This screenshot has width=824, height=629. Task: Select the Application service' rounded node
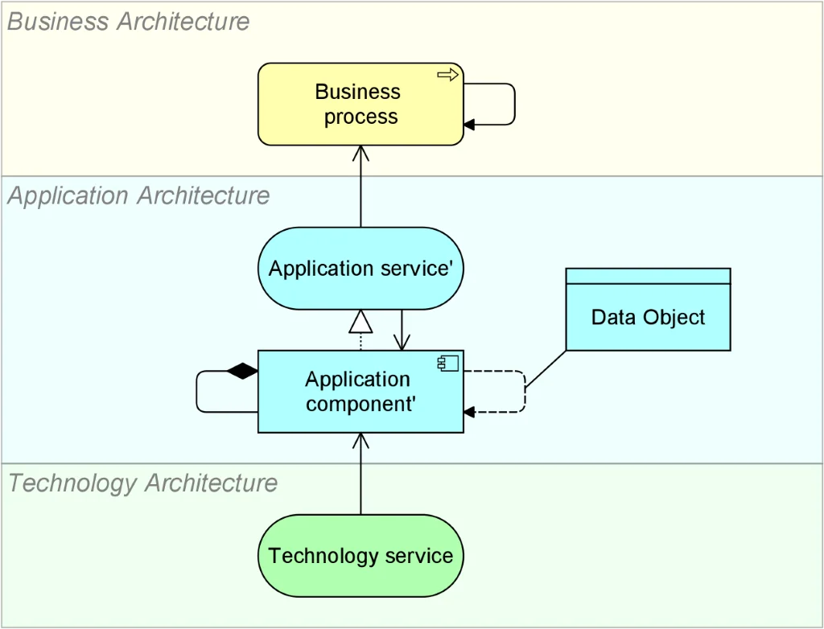[360, 269]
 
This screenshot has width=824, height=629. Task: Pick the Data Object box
[648, 318]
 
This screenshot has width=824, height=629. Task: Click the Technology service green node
[360, 556]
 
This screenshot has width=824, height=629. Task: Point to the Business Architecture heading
[129, 22]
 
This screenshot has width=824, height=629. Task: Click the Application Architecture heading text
[138, 196]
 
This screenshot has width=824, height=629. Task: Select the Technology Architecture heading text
[142, 483]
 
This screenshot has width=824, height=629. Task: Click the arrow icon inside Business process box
[447, 75]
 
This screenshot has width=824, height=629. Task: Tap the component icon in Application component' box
[448, 364]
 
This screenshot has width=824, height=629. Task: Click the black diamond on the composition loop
[242, 372]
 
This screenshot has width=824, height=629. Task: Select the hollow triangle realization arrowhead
[360, 323]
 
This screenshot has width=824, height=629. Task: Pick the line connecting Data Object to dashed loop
[546, 370]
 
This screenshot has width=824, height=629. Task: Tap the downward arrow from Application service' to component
[401, 330]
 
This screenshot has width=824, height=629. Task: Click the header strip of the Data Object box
[648, 276]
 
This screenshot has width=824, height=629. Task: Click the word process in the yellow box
[360, 117]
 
